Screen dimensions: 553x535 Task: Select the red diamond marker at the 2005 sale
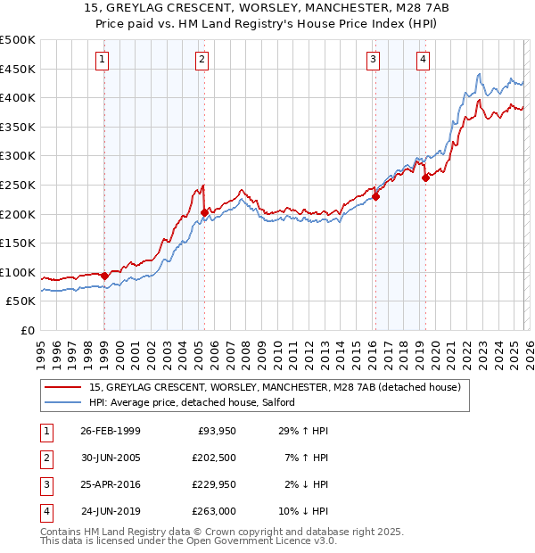(x=204, y=212)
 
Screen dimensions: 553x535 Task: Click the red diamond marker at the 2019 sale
(x=425, y=177)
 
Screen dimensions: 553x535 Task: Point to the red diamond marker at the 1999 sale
(x=104, y=276)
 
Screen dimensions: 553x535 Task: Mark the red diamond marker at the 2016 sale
(x=375, y=197)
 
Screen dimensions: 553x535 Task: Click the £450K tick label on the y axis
(x=18, y=69)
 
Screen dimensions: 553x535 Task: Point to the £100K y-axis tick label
(x=18, y=272)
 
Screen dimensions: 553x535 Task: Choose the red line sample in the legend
(x=63, y=387)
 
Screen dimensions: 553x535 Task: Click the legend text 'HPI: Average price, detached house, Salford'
(x=198, y=402)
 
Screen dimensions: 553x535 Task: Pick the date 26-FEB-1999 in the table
(x=110, y=431)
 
